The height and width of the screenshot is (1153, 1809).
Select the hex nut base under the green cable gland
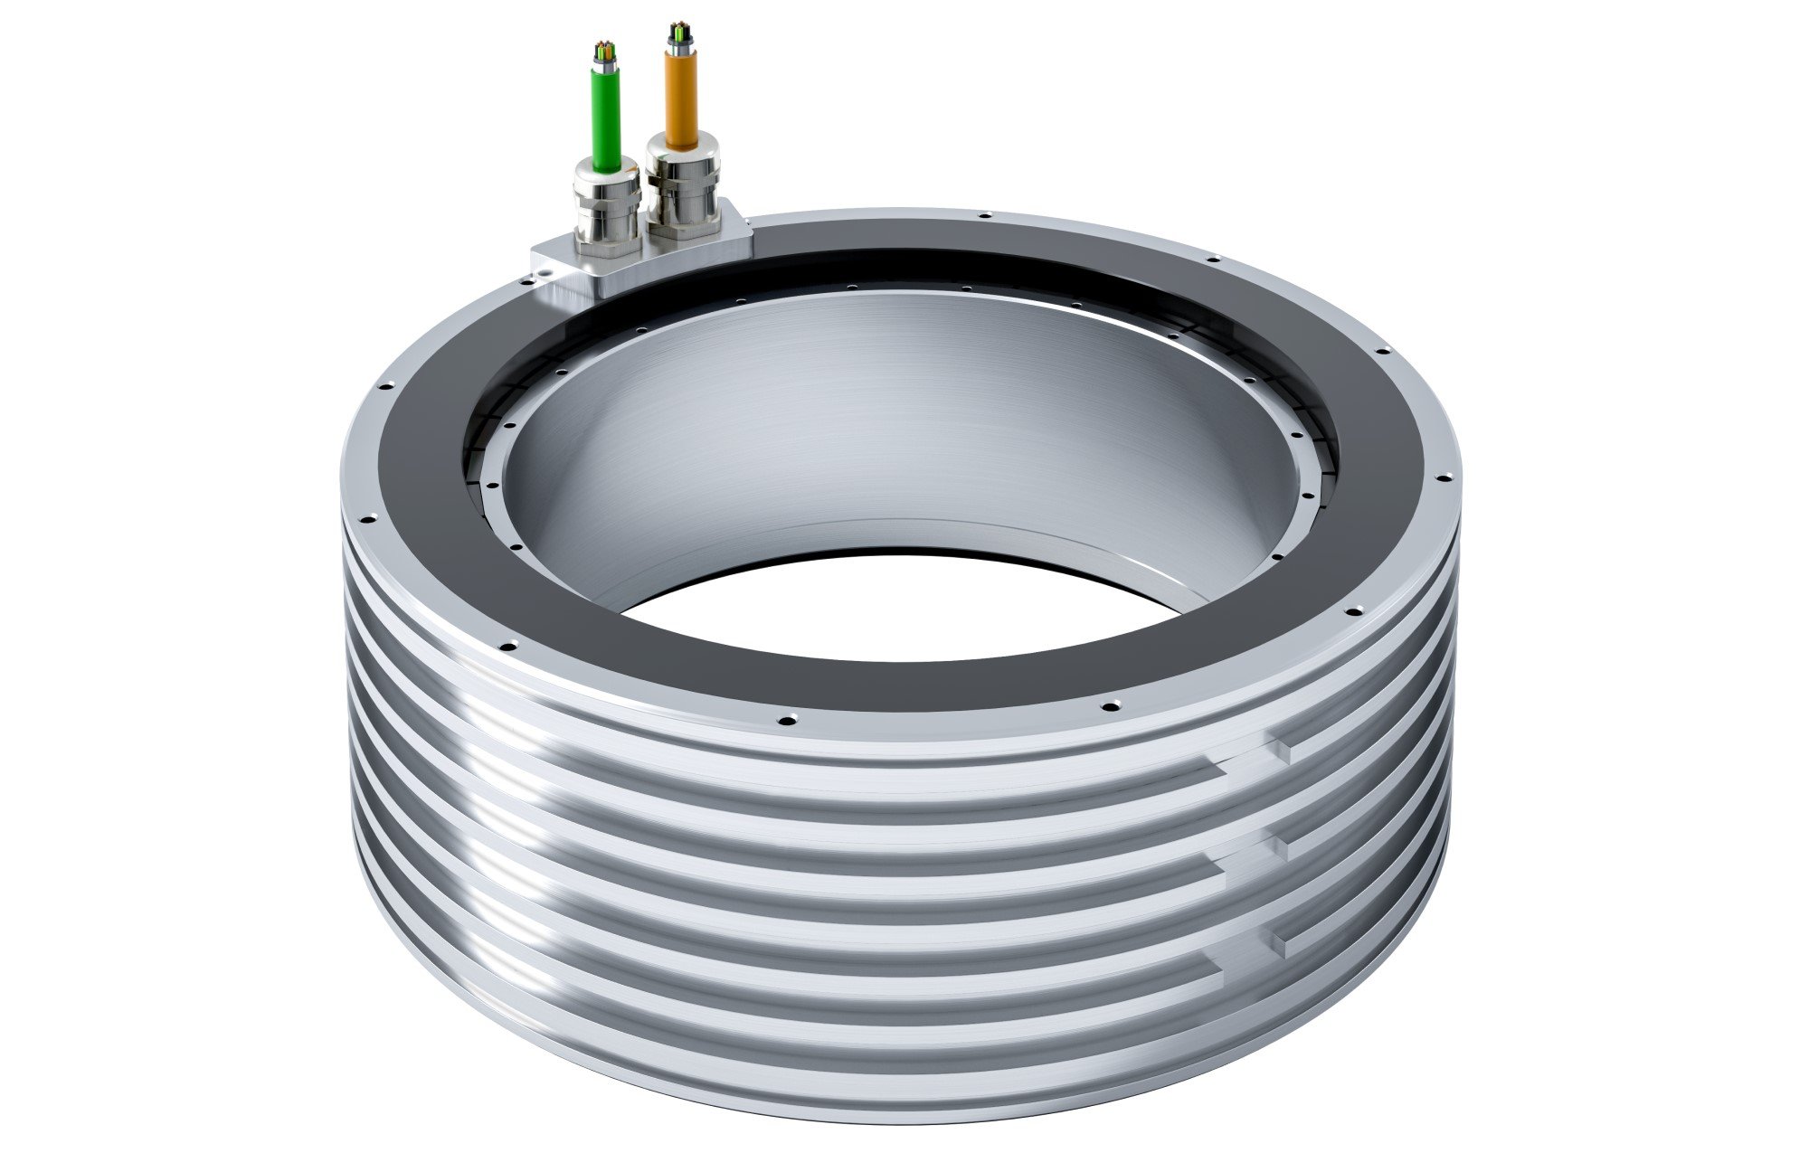[x=608, y=231]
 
